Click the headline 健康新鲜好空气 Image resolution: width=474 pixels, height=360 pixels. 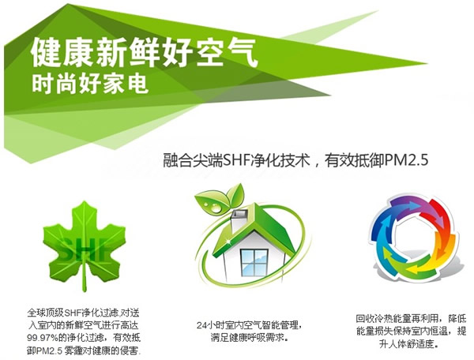pos(144,52)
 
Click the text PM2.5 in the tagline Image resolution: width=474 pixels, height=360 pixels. pos(407,159)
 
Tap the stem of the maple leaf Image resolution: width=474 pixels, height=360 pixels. pos(85,278)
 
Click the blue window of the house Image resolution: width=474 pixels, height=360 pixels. pos(254,262)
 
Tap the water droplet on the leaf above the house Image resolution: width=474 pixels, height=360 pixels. pos(216,208)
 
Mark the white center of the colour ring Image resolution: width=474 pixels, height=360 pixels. pos(413,238)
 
